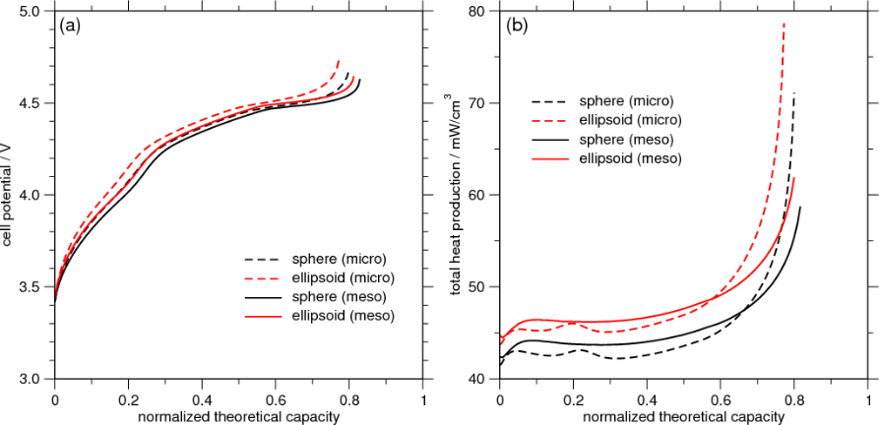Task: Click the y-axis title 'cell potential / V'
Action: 9,196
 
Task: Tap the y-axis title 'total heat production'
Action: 456,196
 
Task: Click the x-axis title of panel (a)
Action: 238,416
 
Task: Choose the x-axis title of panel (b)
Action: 683,416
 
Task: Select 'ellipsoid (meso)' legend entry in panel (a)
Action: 344,316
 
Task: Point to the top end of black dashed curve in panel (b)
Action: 793,93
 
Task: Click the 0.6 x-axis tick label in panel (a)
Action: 276,400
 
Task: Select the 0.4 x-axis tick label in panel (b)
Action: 648,400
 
